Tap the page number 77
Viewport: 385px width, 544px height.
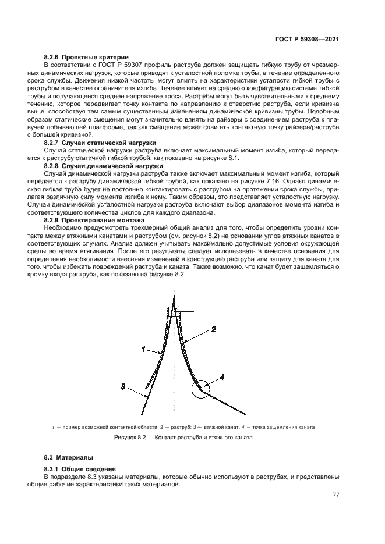[335, 495]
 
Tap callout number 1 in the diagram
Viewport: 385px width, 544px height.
[143, 349]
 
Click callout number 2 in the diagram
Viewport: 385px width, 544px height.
[214, 329]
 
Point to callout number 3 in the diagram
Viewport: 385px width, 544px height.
[123, 386]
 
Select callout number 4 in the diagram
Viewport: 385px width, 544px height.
[221, 378]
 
